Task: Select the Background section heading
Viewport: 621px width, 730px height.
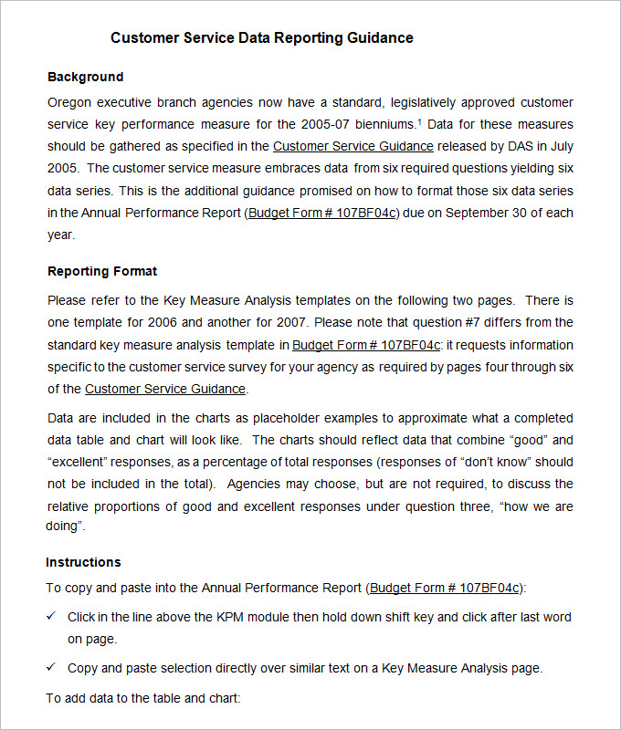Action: (85, 77)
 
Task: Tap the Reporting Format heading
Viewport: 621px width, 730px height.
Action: (102, 271)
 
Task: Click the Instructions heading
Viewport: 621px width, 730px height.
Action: (83, 562)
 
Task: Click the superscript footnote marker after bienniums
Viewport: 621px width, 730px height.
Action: (419, 120)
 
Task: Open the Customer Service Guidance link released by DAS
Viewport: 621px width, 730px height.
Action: (353, 146)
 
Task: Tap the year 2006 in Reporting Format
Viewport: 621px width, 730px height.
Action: (168, 322)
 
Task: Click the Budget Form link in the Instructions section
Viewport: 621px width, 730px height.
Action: (445, 588)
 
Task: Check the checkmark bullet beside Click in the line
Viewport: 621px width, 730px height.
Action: (51, 617)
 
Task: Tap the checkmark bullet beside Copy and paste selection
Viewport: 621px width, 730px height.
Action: (51, 668)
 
